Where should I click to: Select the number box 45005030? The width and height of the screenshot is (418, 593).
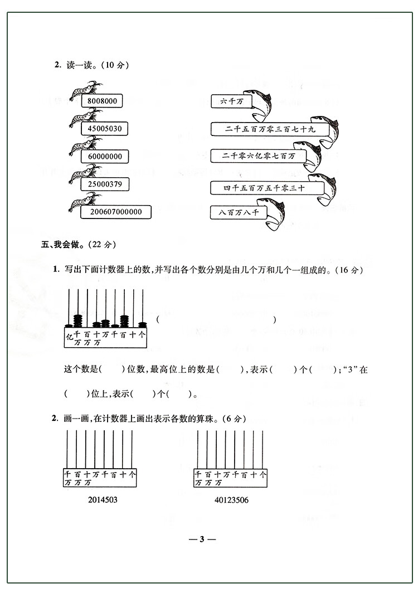click(105, 129)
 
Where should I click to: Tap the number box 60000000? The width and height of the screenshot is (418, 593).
click(105, 157)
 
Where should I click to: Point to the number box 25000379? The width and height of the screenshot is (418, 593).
click(105, 183)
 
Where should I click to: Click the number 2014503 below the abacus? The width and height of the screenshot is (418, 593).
click(103, 500)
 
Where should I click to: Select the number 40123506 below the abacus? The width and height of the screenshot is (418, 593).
click(231, 500)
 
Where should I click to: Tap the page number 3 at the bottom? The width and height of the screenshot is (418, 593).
click(203, 539)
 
